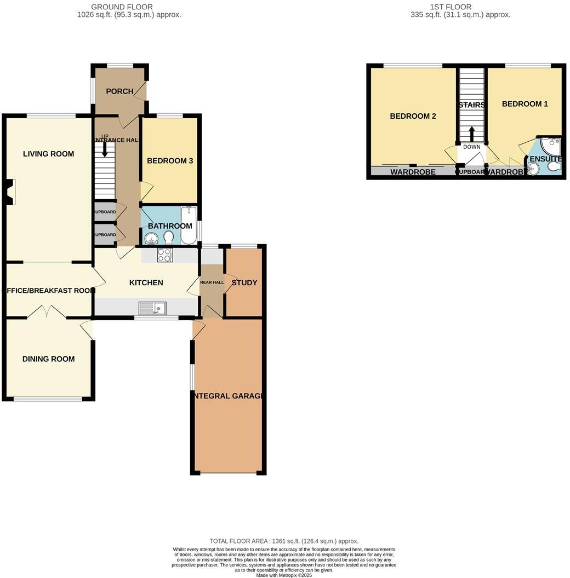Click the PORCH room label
tap(119, 91)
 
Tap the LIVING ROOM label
tap(48, 154)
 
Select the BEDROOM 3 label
tap(170, 161)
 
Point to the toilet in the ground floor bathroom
tap(168, 237)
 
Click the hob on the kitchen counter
tap(165, 255)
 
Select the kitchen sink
tap(152, 309)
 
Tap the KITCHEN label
tap(146, 282)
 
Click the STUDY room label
tap(244, 282)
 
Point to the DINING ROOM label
tap(48, 359)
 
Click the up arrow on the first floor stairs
tap(471, 134)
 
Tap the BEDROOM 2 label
tap(413, 116)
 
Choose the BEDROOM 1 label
tap(525, 103)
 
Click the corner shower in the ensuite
tap(551, 146)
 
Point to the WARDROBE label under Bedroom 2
tap(413, 172)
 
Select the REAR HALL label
tap(212, 282)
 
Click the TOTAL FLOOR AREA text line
tap(284, 541)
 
